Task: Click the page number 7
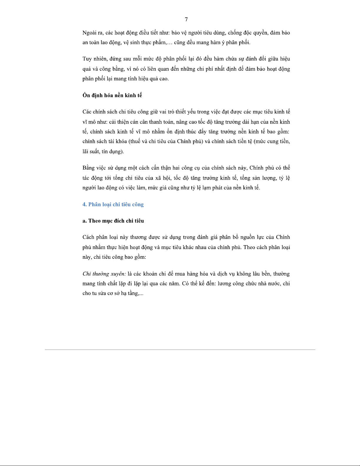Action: pos(186,19)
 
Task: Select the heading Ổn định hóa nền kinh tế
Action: pos(112,95)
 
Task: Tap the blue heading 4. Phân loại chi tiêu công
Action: pos(113,204)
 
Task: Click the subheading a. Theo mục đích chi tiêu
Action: pos(113,221)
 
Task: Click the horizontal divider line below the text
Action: pos(180,350)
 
